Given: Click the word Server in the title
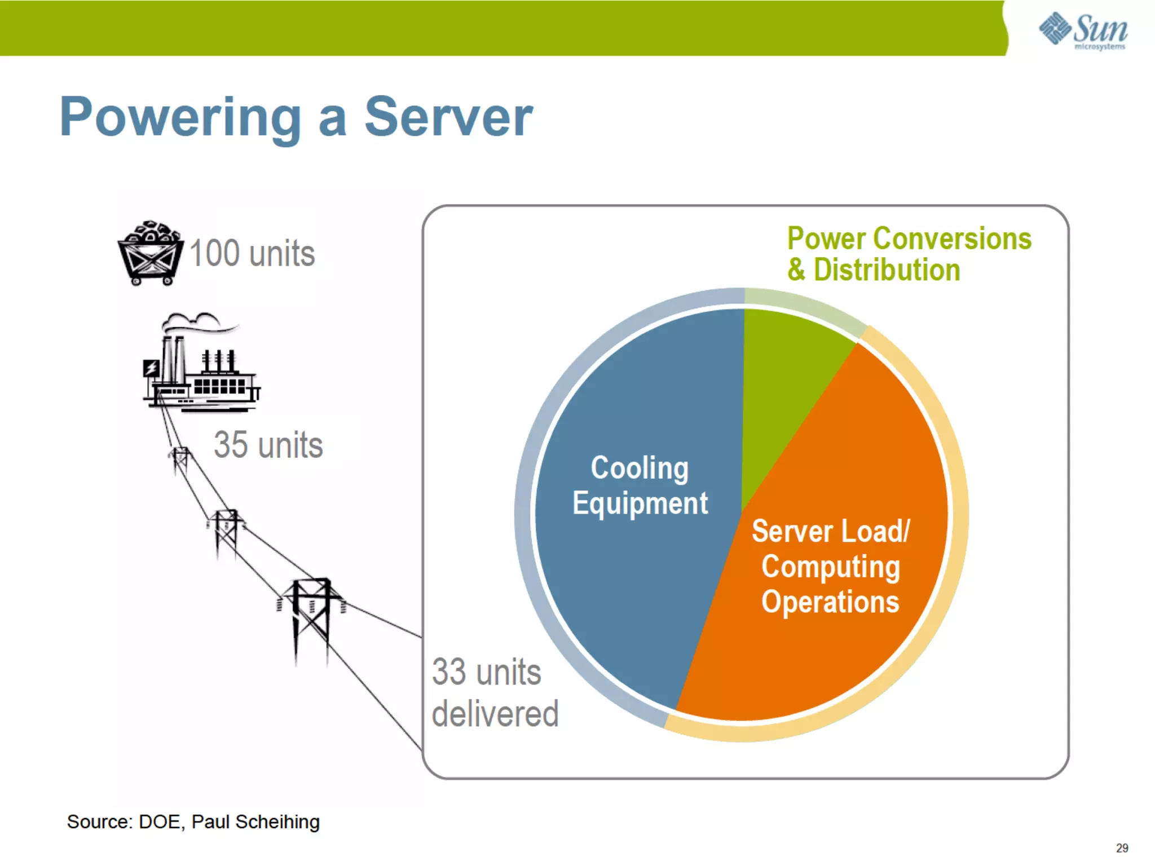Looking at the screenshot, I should coord(448,117).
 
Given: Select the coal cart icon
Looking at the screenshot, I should coord(150,253).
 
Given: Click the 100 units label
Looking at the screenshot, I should coord(252,253).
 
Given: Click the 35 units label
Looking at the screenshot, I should coord(268,445).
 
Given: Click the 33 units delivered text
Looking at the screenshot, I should coord(493,692).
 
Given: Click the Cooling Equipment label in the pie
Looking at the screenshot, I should coord(640,485).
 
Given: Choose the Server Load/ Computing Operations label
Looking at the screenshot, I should coord(830,566).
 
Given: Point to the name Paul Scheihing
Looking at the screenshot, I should coord(255,821).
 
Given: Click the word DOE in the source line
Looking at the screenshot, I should coord(160,821).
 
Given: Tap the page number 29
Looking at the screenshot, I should coord(1122,848).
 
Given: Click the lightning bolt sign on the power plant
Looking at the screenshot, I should coord(151,368).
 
